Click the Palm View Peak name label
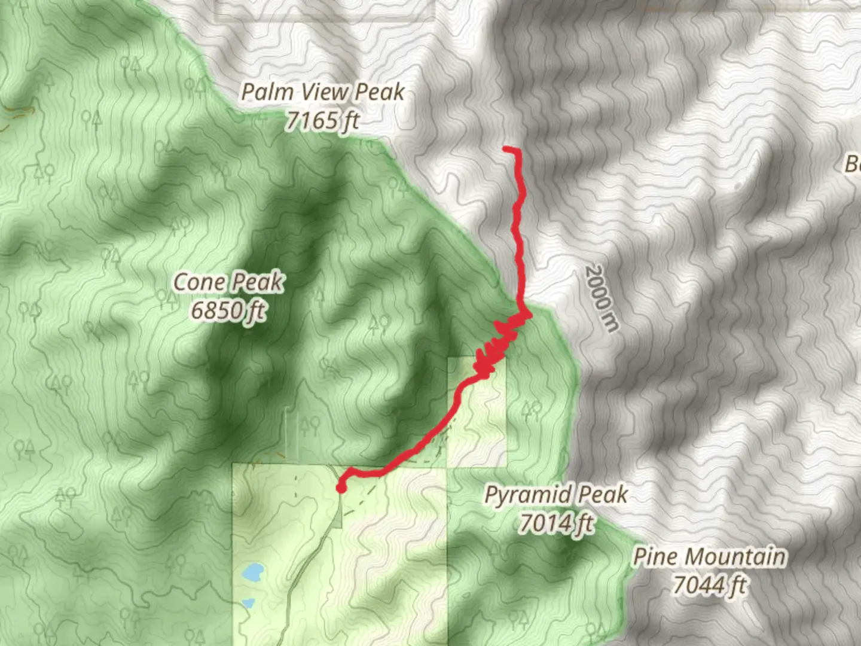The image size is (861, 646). pos(323,92)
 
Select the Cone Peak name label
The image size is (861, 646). pos(228,282)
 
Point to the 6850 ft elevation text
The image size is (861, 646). pos(228,310)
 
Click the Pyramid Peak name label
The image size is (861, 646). pos(556,495)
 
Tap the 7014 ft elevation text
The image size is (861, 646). pos(556,523)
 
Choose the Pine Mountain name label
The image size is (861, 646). pos(709,557)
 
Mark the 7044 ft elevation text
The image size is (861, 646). pos(709,585)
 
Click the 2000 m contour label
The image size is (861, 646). pos(601,297)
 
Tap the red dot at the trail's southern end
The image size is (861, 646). pos(341,488)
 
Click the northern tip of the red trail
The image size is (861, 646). pos(506,148)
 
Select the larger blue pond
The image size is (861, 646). pos(254,573)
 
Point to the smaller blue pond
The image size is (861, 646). pos(247,602)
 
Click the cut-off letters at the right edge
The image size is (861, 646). pos(853,163)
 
